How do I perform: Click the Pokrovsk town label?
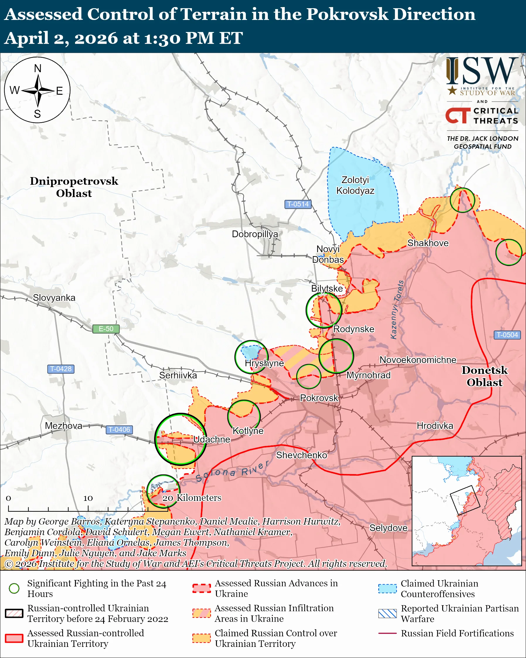[x=319, y=398]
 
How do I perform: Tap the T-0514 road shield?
[x=298, y=204]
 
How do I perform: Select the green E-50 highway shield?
[x=106, y=329]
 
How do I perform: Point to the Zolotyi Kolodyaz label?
[x=355, y=185]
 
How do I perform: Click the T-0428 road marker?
[x=61, y=369]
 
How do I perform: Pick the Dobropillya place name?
[x=255, y=234]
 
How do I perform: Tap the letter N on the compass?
[x=38, y=68]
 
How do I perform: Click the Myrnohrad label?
[x=368, y=375]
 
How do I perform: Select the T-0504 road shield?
[x=507, y=335]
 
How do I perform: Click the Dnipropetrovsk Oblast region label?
[x=74, y=187]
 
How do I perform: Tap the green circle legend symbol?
[x=14, y=588]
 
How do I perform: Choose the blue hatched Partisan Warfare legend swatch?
[x=387, y=613]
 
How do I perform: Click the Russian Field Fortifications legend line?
[x=387, y=633]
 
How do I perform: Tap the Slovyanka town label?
[x=54, y=298]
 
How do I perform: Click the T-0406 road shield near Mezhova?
[x=119, y=429]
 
